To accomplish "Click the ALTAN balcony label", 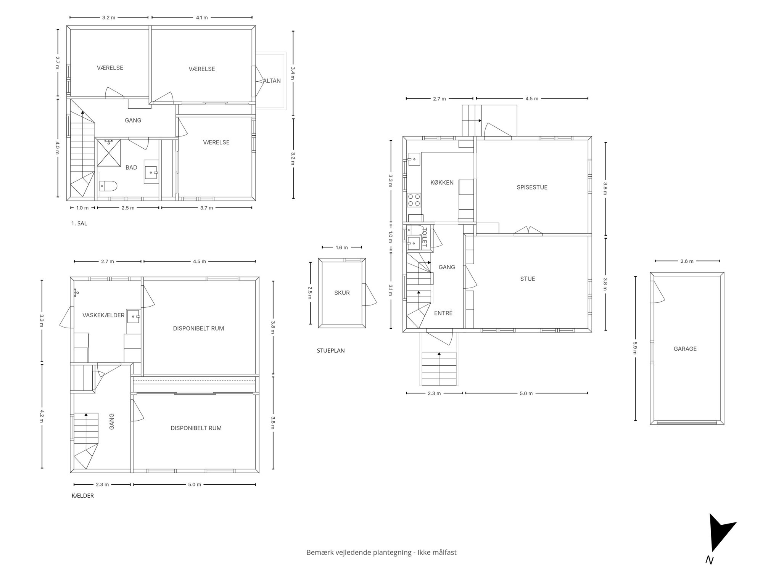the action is pos(272,81).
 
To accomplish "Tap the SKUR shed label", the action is pos(342,293).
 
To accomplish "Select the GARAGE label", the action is pos(685,349).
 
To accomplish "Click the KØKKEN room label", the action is pos(442,182).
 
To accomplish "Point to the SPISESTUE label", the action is pos(532,187).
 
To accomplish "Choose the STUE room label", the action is pos(528,279).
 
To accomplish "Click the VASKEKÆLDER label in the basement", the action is pos(103,315).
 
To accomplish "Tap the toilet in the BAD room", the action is pos(108,186).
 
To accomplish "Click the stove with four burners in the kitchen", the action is pos(414,200).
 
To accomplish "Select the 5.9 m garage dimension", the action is pos(635,347).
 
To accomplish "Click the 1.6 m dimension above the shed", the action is pos(342,247).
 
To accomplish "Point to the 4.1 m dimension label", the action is pos(202,18).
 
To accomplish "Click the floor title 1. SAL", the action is pos(79,223).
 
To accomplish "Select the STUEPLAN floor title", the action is pos(331,350).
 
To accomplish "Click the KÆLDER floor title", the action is pos(82,496).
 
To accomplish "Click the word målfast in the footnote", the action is pos(444,552).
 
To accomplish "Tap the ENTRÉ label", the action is pos(443,313).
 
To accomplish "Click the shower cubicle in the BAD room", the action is pos(109,153).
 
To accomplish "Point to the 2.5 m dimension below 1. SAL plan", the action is pos(128,208).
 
